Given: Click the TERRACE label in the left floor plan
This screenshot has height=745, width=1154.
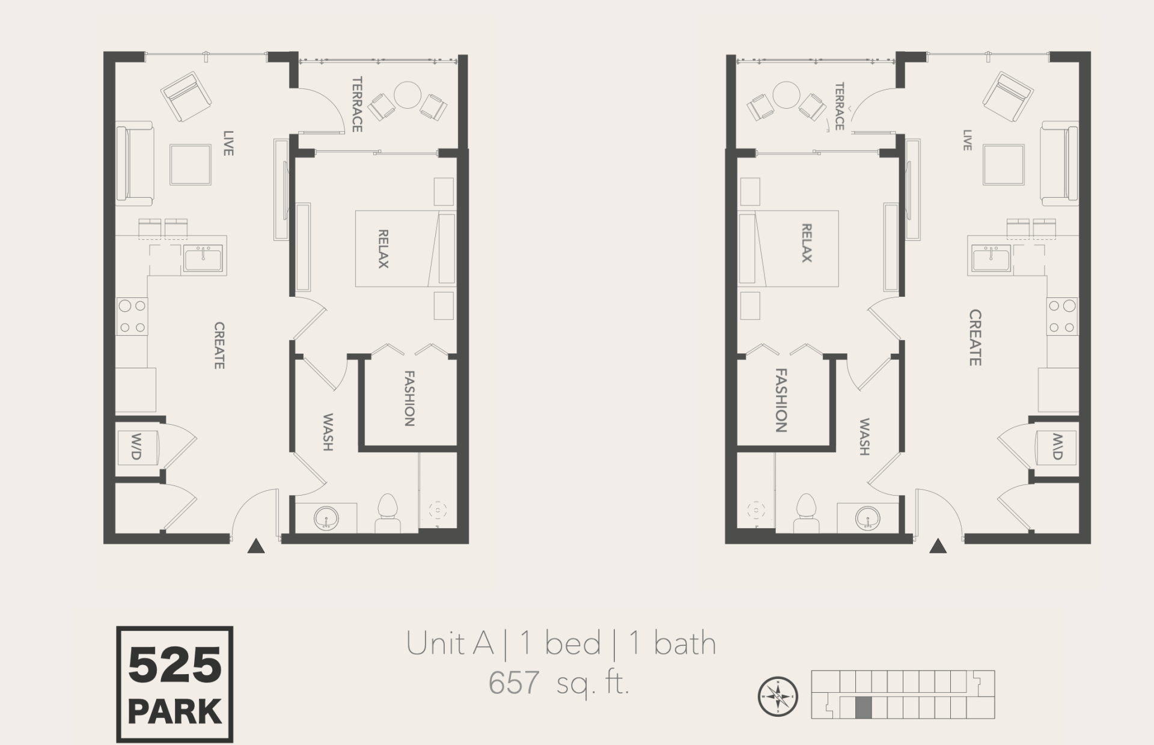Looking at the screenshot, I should point(357,104).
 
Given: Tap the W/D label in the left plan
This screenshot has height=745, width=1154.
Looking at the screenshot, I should point(136,446).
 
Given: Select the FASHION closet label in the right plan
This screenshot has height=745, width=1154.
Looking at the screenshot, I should point(781,400).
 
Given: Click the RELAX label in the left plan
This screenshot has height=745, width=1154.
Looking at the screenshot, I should point(383,248).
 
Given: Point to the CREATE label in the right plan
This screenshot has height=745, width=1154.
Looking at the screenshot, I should point(975,337).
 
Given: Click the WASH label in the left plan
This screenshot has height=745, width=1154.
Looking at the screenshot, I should point(328,431).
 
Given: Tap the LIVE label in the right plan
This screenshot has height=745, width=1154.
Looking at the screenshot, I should point(967,140).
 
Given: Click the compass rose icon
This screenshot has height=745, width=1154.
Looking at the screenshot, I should point(777,696).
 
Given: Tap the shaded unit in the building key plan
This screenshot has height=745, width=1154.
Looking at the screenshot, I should point(862,708).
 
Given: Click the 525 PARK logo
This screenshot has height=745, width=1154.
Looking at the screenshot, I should point(174,684).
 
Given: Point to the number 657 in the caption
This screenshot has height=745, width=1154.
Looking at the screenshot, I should point(513,683).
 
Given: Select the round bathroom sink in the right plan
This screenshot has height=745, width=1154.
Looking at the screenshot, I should point(868,517).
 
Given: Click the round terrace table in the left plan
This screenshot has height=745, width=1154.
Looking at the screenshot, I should point(407,95).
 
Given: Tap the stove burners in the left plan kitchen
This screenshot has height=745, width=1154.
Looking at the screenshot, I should point(132,316).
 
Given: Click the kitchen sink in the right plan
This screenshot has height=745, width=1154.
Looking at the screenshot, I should point(991,259).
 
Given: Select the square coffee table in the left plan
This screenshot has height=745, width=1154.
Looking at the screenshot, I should point(190,164).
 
